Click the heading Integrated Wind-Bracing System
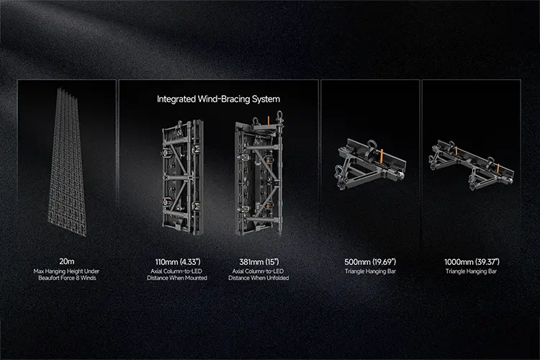point(218,99)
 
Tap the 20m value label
point(66,261)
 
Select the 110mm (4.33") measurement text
point(177,262)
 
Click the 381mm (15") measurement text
point(259,262)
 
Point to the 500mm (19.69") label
point(370,262)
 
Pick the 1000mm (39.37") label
point(472,262)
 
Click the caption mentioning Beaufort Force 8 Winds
point(66,274)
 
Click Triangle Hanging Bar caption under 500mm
point(370,271)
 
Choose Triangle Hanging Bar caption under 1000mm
point(471,271)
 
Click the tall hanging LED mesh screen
point(66,162)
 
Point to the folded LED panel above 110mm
point(183,176)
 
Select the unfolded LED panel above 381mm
point(259,174)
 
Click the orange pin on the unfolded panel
point(269,120)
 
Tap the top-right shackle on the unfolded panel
point(279,116)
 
